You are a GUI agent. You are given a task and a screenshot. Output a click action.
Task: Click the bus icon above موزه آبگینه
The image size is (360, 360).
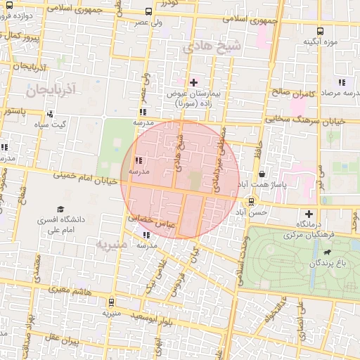tap(321, 31)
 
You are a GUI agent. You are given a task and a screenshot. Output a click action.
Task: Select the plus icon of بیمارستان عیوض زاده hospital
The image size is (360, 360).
tap(194, 83)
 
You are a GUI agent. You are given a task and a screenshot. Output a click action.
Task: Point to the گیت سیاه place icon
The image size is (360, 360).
tap(49, 115)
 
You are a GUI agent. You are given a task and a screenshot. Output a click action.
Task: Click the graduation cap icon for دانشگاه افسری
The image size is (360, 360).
tap(60, 210)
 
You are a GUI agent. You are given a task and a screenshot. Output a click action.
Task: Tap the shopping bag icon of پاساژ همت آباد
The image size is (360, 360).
tap(262, 174)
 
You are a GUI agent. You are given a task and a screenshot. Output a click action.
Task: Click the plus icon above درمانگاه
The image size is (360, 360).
tap(309, 214)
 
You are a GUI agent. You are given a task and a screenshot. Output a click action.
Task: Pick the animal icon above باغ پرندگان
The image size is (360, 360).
tap(327, 252)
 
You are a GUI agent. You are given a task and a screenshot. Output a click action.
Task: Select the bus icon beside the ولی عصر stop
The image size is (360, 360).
tap(148, 11)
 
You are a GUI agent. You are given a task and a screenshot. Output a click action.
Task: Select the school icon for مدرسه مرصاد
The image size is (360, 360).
tap(342, 82)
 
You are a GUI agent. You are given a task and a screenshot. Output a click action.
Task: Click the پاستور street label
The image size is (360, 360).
tap(14, 110)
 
